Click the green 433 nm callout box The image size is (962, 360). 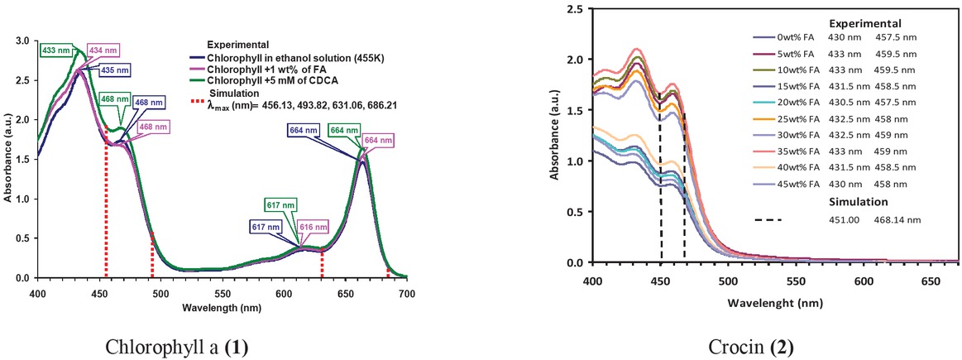(x=57, y=50)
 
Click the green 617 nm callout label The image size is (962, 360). (x=278, y=205)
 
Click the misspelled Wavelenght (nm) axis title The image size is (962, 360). (x=775, y=303)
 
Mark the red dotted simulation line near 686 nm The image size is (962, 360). (x=388, y=271)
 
